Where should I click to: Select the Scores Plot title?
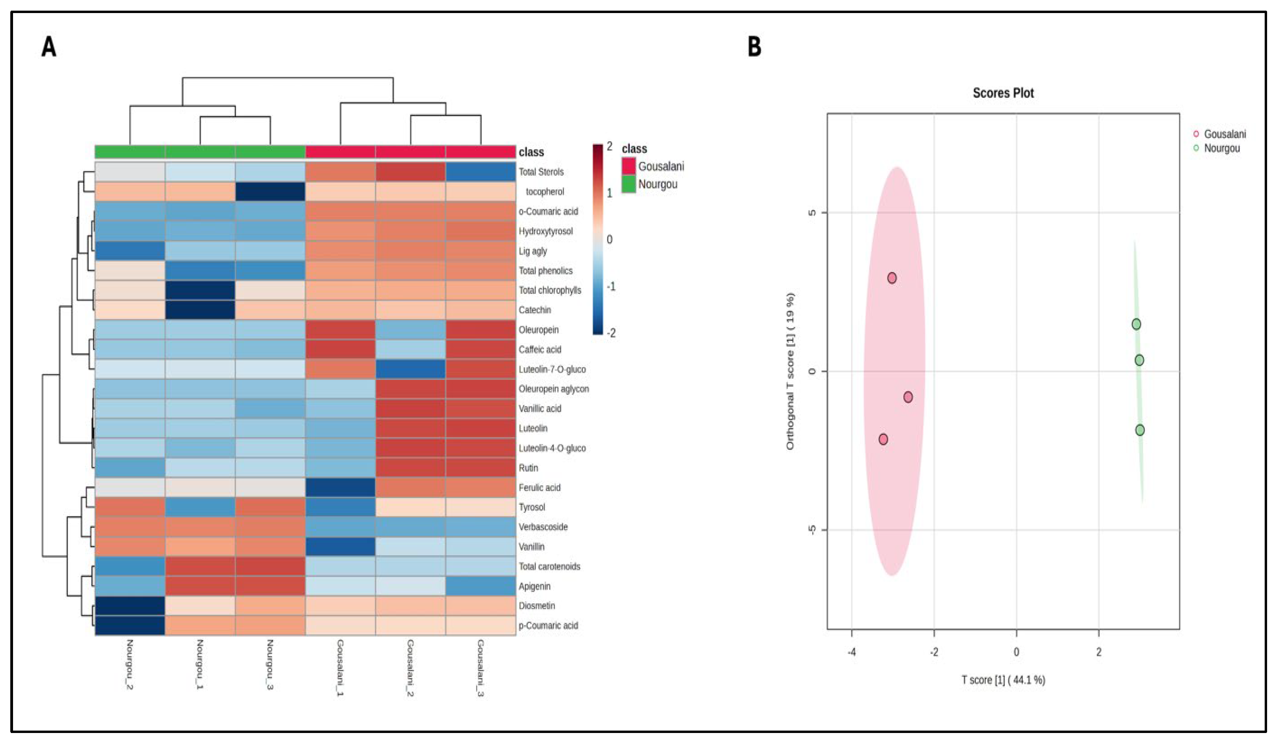1003,93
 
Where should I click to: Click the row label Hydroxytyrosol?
545,231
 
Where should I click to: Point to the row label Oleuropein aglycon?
553,389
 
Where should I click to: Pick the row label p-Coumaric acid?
548,626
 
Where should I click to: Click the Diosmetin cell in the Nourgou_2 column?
130,606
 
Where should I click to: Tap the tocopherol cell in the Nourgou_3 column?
270,191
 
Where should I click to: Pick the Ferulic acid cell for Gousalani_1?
340,487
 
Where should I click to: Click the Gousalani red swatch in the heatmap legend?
628,166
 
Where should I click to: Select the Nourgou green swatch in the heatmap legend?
628,184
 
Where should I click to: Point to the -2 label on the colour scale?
611,333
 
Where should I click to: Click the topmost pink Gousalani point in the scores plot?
892,278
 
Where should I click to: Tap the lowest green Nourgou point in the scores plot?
1139,430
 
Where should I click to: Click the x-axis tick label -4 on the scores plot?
852,652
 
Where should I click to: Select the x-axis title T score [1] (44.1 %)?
1003,680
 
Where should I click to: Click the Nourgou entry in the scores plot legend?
1221,148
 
